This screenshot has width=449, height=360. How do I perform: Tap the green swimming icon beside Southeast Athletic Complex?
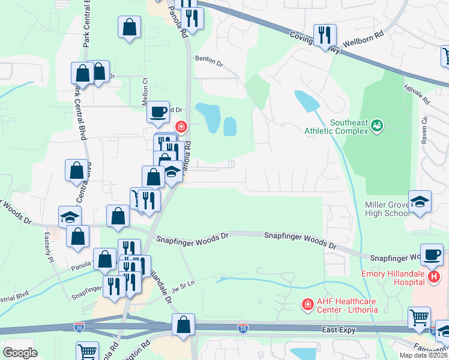click(376, 125)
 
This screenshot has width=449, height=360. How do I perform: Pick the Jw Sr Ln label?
click(184, 286)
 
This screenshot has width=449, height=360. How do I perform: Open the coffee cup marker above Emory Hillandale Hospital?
click(432, 254)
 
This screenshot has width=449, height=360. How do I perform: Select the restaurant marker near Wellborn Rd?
click(324, 35)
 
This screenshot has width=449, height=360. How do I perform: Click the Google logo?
click(20, 353)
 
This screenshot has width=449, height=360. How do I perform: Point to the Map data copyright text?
click(423, 355)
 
